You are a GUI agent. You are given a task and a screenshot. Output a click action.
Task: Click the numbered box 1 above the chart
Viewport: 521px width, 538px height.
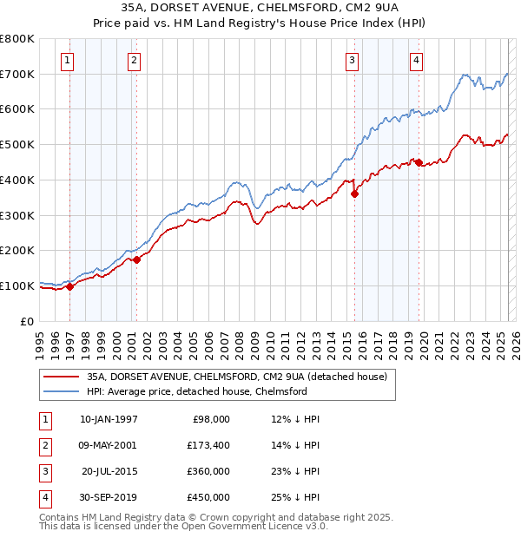68,60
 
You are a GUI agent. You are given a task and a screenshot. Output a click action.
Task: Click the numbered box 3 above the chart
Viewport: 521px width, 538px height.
352,60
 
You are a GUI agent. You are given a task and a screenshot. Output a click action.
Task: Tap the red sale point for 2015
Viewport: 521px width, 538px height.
354,194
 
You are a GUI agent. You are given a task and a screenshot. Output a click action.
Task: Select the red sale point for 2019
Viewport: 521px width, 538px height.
419,162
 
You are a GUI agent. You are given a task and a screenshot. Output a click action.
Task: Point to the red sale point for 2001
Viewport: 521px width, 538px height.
136,259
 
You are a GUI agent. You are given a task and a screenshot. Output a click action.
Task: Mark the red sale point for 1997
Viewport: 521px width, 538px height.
69,287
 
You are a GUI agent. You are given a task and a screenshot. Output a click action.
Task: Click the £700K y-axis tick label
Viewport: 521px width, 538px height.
17,75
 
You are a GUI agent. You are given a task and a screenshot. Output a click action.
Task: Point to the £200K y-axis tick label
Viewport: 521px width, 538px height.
17,251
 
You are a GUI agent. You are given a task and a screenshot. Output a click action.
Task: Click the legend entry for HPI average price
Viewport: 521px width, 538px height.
197,392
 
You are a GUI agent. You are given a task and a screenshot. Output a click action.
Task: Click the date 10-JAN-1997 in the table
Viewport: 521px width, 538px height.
109,419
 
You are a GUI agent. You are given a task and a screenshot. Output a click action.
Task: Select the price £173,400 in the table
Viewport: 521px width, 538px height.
208,445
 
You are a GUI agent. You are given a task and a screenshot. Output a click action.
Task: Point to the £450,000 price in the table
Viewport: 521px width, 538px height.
208,498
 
